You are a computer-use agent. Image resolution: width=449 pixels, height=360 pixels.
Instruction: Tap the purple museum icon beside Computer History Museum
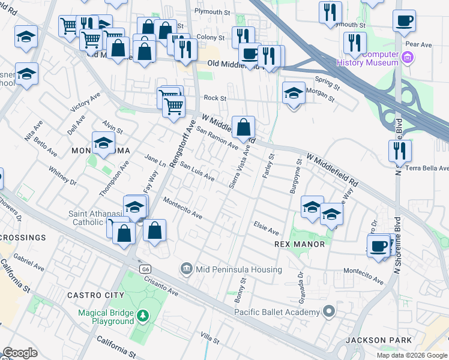[x=408, y=58]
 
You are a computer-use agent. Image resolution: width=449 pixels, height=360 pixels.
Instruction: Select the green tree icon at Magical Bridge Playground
[x=142, y=315]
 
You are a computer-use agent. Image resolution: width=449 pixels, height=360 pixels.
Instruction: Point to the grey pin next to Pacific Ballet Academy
[x=328, y=311]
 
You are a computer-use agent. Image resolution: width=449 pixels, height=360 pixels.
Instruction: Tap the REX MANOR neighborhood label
[x=299, y=244]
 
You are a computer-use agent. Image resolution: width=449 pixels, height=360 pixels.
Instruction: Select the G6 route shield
[x=145, y=269]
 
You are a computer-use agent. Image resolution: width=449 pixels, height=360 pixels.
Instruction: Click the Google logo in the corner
[x=20, y=353]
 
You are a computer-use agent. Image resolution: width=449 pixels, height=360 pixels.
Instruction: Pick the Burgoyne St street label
[x=294, y=178]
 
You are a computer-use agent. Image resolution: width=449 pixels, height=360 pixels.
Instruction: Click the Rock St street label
[x=214, y=98]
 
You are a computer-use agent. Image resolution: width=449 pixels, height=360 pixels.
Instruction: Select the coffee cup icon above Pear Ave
[x=404, y=21]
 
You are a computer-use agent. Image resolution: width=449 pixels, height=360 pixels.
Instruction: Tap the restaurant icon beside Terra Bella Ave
[x=400, y=151]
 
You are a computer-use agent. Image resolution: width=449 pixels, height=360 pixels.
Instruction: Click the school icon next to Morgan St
[x=294, y=94]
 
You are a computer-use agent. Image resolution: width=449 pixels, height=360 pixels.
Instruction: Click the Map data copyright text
[x=411, y=355]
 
